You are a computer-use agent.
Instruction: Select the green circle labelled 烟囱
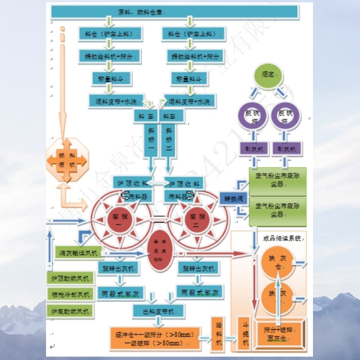coord(268,76)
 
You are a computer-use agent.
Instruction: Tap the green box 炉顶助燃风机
coord(70,278)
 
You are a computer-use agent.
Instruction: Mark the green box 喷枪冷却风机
coord(70,294)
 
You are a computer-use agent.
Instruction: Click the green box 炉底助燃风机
coord(70,311)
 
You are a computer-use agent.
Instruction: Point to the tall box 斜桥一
coord(151,140)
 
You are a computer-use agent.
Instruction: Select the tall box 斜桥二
coord(168,140)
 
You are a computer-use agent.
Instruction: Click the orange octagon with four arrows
coord(67,161)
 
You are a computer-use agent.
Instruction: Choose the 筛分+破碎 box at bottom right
coord(280,334)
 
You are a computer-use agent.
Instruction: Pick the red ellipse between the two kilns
coord(159,253)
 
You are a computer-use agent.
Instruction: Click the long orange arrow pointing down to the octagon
coord(62,86)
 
